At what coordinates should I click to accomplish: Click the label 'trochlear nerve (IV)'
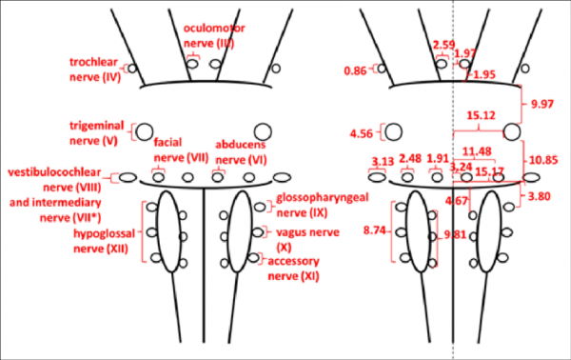(x=93, y=69)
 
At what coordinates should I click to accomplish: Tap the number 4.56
(x=362, y=133)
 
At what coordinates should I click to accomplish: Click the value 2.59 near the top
(x=443, y=44)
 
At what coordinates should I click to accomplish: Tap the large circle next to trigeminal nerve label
(x=146, y=131)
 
